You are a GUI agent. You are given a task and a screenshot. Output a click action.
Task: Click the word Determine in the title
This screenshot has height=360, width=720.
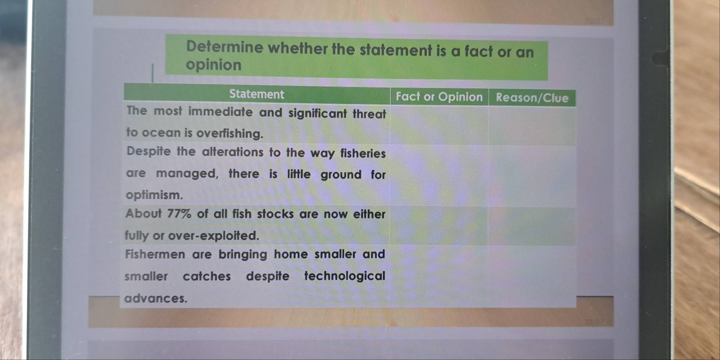click(225, 47)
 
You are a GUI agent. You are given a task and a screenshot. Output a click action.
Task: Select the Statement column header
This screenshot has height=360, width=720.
click(257, 94)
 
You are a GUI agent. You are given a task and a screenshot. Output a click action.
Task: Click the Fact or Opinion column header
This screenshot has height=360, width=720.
click(439, 97)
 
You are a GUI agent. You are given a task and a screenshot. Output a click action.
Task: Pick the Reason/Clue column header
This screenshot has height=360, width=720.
click(532, 98)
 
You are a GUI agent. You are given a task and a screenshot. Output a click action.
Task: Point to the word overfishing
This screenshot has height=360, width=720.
click(230, 133)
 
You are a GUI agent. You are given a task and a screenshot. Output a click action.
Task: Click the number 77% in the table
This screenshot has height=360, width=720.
click(179, 214)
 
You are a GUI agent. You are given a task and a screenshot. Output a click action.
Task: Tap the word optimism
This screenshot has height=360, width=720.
click(154, 195)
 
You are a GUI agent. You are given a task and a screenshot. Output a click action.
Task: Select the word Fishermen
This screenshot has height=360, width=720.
click(155, 255)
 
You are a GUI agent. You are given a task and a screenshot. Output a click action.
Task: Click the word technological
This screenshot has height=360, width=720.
click(345, 276)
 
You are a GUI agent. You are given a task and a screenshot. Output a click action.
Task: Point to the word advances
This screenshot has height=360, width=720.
click(156, 299)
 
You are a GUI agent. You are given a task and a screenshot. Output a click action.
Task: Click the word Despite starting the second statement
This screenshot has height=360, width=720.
click(149, 151)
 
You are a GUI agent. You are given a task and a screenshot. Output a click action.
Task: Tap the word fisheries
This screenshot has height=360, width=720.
click(363, 153)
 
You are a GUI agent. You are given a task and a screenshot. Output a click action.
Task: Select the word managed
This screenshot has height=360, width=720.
click(187, 173)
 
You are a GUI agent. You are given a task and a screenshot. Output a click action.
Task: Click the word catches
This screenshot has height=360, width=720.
click(207, 276)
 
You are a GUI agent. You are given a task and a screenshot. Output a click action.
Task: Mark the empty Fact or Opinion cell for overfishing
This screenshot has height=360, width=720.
click(439, 125)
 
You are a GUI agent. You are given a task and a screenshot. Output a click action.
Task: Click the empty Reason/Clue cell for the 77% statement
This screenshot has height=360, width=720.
click(532, 226)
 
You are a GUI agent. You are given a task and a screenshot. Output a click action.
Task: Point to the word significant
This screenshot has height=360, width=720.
click(318, 114)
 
